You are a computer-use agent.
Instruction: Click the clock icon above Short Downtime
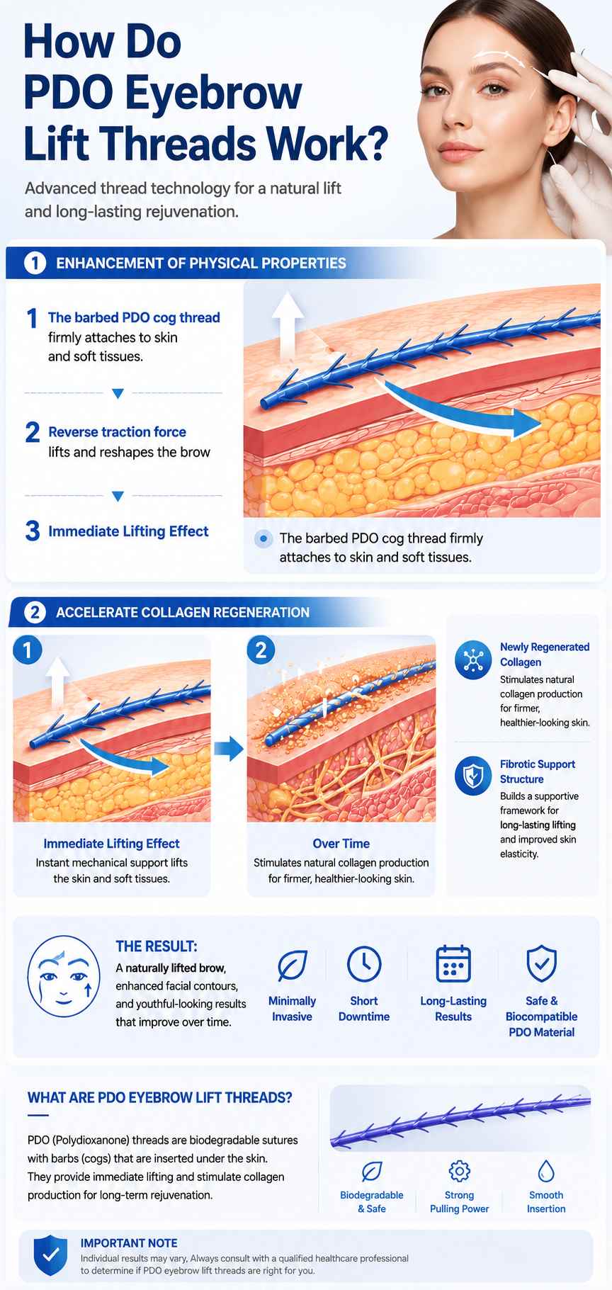(x=364, y=963)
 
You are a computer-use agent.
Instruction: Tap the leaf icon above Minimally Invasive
(x=292, y=964)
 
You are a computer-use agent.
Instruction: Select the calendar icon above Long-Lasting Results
(x=453, y=963)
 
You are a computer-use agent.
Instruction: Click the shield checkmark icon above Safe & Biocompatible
(x=541, y=963)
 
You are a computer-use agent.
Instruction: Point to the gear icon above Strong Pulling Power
(x=460, y=1171)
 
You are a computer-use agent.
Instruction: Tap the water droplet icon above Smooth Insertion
(x=546, y=1171)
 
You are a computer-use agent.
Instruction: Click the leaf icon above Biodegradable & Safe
(x=372, y=1172)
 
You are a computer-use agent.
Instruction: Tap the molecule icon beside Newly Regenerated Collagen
(x=472, y=660)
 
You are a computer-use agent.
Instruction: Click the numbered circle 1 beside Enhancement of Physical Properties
(x=35, y=263)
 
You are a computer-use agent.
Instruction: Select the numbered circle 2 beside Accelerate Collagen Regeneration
(x=35, y=612)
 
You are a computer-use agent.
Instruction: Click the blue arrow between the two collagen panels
(x=228, y=749)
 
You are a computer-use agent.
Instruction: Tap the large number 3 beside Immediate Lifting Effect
(x=33, y=531)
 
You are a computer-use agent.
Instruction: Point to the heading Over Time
(x=341, y=844)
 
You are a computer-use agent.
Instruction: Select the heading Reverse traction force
(x=117, y=432)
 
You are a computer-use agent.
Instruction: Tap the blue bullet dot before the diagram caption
(x=263, y=539)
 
